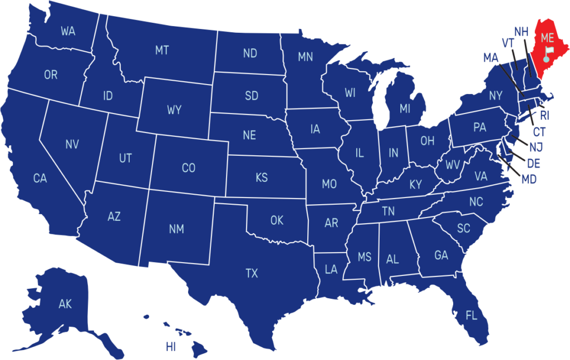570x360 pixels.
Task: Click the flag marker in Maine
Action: click(x=548, y=53)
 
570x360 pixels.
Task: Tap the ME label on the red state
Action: click(x=548, y=38)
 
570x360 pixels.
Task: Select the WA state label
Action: click(x=68, y=32)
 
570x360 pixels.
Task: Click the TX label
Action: click(x=252, y=273)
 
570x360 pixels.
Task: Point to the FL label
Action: click(x=471, y=316)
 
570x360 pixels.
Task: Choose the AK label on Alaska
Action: click(x=65, y=304)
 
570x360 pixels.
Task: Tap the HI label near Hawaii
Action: click(x=171, y=347)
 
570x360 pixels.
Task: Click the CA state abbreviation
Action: click(x=40, y=179)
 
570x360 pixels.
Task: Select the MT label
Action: click(x=162, y=51)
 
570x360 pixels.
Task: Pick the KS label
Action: click(x=262, y=178)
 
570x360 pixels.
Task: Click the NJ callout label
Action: click(x=536, y=147)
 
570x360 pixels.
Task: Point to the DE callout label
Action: click(x=533, y=164)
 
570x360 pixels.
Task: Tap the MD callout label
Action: click(x=529, y=180)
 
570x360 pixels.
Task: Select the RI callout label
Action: click(x=544, y=116)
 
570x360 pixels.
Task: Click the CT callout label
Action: click(x=539, y=132)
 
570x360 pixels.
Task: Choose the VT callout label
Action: click(x=507, y=43)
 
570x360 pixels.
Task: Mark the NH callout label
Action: click(x=521, y=32)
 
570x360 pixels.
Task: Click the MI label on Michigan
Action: click(x=405, y=109)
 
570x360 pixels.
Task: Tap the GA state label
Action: click(x=441, y=255)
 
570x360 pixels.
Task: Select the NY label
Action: click(x=495, y=96)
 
